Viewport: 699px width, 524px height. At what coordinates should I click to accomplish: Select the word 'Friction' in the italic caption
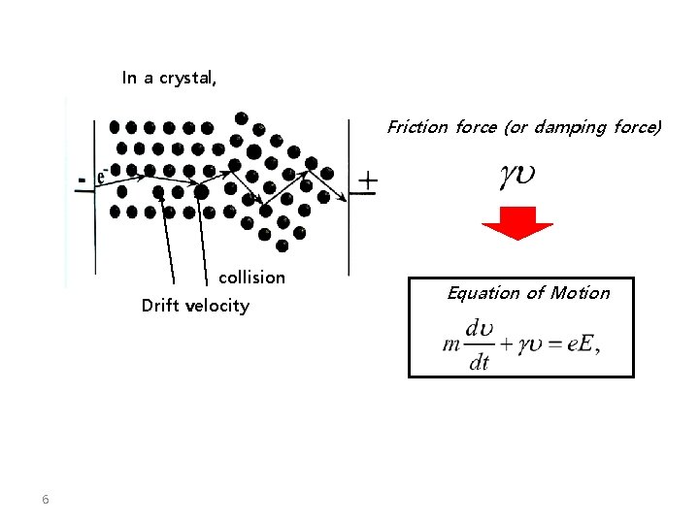[416, 127]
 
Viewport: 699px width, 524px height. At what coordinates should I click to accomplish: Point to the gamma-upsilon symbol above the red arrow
[517, 176]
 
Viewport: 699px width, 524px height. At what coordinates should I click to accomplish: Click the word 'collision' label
[252, 278]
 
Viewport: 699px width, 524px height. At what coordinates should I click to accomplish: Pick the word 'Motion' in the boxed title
[581, 293]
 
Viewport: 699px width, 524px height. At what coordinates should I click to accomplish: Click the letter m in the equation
[449, 344]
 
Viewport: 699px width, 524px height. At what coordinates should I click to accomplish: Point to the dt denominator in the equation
[479, 363]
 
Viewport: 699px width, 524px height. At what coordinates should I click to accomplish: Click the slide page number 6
[45, 500]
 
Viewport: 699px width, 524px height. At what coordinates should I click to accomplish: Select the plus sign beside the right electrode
[368, 181]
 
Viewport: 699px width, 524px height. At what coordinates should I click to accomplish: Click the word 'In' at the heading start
[129, 78]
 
